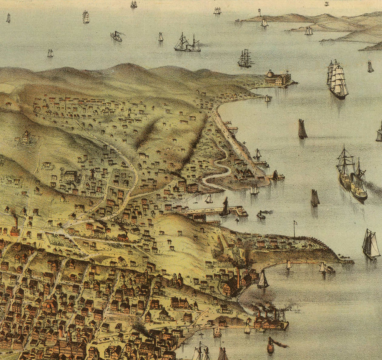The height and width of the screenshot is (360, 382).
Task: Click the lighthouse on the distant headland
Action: coord(259,13)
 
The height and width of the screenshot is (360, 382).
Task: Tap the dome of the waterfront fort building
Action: coord(270,73)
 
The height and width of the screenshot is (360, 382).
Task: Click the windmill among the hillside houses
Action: coord(93,174)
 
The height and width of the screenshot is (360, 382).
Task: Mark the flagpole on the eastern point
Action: coord(294,229)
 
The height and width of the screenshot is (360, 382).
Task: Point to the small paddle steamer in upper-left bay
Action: coord(116,36)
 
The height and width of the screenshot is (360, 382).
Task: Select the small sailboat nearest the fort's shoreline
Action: coord(268,98)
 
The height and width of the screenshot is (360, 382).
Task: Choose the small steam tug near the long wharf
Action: coord(261,215)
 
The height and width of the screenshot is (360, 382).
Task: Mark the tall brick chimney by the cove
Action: coord(238,278)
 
